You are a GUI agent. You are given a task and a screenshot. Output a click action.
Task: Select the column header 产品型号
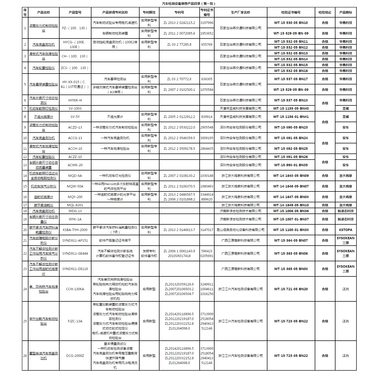[x=75, y=12]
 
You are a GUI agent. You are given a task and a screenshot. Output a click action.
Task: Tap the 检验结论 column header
[x=325, y=12]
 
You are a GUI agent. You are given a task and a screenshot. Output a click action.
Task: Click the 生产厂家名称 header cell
[x=240, y=12]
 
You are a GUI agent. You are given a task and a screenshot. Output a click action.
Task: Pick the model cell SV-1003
[x=75, y=109]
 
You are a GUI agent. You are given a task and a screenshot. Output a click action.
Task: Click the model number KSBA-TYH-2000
[x=75, y=230]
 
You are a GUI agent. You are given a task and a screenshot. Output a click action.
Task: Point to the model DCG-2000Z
[x=75, y=356]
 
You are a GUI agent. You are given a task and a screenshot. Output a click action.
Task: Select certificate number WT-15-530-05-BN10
[x=291, y=23]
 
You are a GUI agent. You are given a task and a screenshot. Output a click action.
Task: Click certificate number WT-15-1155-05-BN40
[x=291, y=109]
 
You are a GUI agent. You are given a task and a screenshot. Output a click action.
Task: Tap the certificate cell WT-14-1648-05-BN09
[x=291, y=176]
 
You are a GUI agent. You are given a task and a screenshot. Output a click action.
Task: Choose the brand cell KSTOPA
[x=346, y=230]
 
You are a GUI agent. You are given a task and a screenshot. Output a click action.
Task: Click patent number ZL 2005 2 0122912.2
[x=179, y=117]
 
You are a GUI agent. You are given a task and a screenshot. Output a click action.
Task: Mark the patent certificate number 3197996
[x=207, y=23]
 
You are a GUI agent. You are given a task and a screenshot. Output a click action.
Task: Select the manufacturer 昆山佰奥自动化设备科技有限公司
[x=240, y=230]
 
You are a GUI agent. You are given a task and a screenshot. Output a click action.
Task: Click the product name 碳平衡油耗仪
[x=44, y=205]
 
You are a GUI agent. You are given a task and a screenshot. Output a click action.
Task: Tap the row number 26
[x=25, y=356]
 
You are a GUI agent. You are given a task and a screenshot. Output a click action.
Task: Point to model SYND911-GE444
[x=75, y=254]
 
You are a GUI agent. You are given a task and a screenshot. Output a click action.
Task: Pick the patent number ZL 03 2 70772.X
[x=179, y=79]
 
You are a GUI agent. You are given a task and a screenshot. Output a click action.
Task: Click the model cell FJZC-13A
[x=75, y=321]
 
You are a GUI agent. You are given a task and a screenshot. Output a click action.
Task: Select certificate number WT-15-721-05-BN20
[x=291, y=289]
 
